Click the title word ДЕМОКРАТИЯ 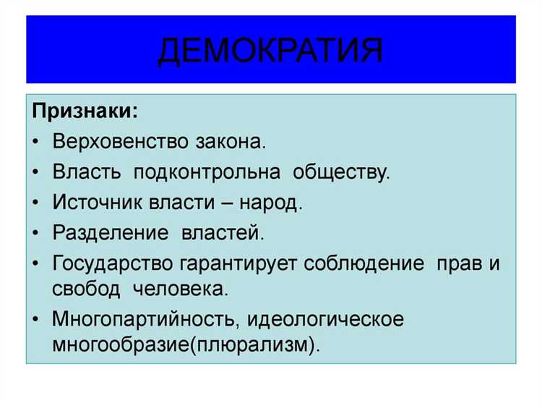(x=270, y=50)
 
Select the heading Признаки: (x=85, y=112)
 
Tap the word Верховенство (x=119, y=142)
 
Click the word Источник (x=93, y=203)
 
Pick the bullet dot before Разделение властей (x=37, y=234)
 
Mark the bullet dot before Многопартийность (x=37, y=319)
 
